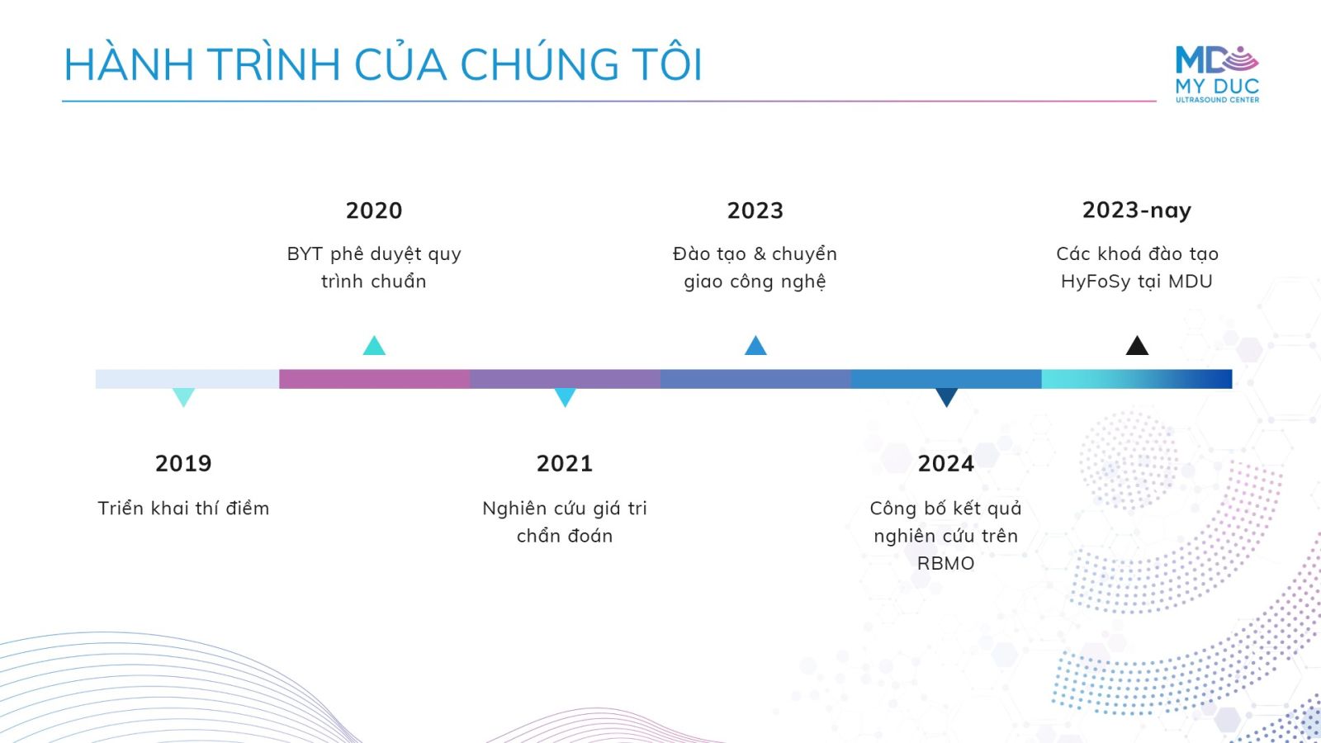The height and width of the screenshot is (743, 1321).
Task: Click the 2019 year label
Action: [x=183, y=463]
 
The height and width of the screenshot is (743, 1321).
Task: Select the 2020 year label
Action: [x=374, y=211]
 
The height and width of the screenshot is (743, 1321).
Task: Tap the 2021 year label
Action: [x=565, y=463]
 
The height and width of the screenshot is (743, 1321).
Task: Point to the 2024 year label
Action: [x=946, y=463]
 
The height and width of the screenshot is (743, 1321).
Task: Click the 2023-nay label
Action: [x=1136, y=211]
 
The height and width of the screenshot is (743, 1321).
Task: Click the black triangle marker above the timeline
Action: [x=1137, y=346]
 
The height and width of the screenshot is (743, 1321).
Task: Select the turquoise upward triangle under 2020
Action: [x=374, y=346]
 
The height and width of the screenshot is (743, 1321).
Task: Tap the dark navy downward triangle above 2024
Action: [x=946, y=397]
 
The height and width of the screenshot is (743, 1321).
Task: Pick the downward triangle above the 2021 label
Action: [x=565, y=397]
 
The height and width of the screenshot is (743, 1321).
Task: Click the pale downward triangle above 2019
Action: [x=183, y=397]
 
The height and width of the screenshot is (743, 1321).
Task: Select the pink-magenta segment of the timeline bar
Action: [x=375, y=379]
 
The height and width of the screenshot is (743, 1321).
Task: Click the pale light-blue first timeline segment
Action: [x=187, y=379]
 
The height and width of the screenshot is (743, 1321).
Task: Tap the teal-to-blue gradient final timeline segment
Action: [x=1137, y=379]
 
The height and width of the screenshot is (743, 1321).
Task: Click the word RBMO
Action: [x=946, y=564]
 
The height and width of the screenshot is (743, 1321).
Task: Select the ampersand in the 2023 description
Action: [x=760, y=254]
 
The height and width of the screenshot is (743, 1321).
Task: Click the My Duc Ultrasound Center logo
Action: [x=1217, y=74]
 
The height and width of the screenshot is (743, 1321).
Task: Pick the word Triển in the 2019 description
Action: [x=121, y=509]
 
